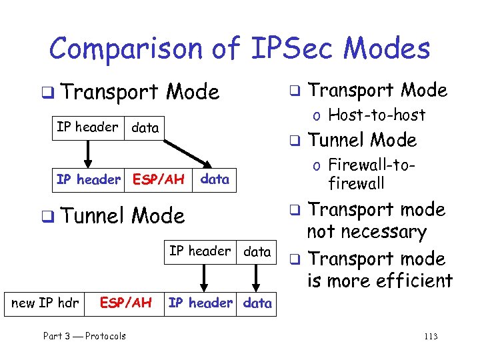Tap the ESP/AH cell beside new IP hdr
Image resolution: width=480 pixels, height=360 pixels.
[125, 303]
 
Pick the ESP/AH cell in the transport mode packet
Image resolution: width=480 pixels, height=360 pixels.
[158, 179]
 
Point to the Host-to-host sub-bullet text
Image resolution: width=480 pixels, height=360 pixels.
[377, 115]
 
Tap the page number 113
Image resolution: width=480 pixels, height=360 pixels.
[431, 336]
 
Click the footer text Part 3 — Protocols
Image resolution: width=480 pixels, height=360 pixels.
[84, 336]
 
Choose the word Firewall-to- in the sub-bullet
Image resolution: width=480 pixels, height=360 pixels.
[370, 165]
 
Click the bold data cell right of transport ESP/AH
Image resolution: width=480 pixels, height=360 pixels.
[215, 179]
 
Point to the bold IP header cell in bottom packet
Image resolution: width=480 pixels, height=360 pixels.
[200, 303]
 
